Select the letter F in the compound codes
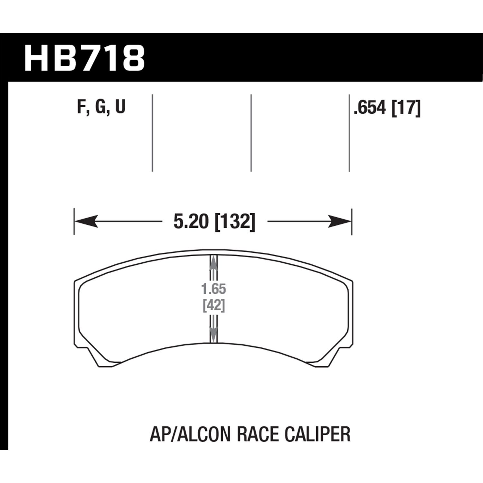click(80, 107)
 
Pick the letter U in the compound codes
click(120, 107)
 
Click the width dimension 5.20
click(191, 222)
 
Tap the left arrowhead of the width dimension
click(86, 222)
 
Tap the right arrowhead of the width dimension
click(340, 222)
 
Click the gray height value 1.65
click(214, 289)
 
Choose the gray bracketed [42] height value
click(214, 305)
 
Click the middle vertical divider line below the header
click(251, 133)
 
